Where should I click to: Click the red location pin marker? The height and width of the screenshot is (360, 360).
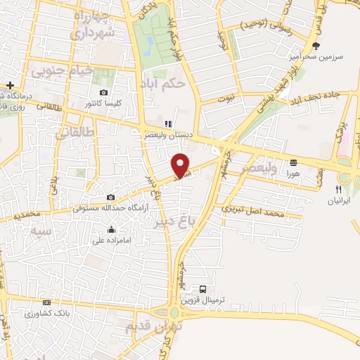(181, 165)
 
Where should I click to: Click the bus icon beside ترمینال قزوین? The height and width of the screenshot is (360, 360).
(203, 288)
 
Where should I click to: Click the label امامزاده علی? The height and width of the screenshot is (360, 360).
(111, 239)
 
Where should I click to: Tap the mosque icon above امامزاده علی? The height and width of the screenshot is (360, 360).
(111, 229)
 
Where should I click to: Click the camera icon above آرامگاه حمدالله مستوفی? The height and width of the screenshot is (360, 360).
(110, 198)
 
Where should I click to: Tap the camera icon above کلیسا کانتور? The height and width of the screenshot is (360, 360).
(104, 93)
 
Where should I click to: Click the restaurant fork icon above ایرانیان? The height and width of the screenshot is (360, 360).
(339, 189)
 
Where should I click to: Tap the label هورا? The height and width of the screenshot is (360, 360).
(292, 172)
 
